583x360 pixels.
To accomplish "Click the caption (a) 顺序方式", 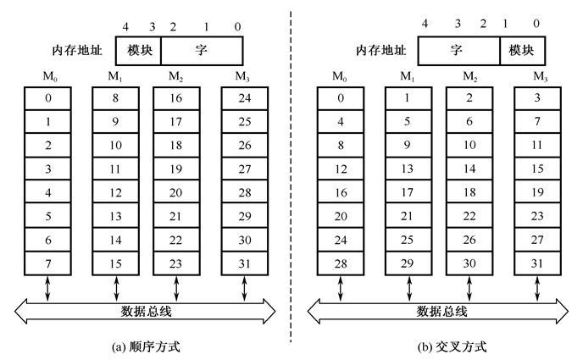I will point(146,347).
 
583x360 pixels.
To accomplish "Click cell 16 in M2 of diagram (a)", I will point(175,98).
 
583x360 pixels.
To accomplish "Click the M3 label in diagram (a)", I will point(245,77).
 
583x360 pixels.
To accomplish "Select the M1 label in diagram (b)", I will point(407,77).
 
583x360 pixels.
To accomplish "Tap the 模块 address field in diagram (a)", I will point(142,51).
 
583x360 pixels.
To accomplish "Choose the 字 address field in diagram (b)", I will point(459,51).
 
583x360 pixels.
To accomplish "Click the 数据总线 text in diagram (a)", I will point(146,311).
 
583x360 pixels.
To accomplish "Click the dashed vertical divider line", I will point(291,169).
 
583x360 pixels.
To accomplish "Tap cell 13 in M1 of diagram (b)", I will point(407,169).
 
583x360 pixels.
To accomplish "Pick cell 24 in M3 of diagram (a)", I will point(245,98).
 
